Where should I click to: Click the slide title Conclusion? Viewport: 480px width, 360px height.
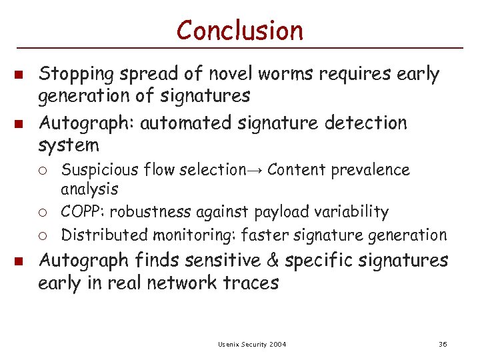coord(240,30)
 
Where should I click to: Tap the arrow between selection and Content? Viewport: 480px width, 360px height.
coord(256,171)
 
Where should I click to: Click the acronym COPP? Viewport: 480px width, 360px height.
coord(81,212)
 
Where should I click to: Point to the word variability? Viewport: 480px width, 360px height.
coord(355,212)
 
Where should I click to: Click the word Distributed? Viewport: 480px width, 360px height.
coord(104,235)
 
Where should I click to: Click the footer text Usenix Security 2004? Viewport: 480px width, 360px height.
coord(252,344)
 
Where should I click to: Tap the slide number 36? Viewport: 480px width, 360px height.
coord(443,344)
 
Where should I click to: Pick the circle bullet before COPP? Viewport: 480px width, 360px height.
coord(48,213)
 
